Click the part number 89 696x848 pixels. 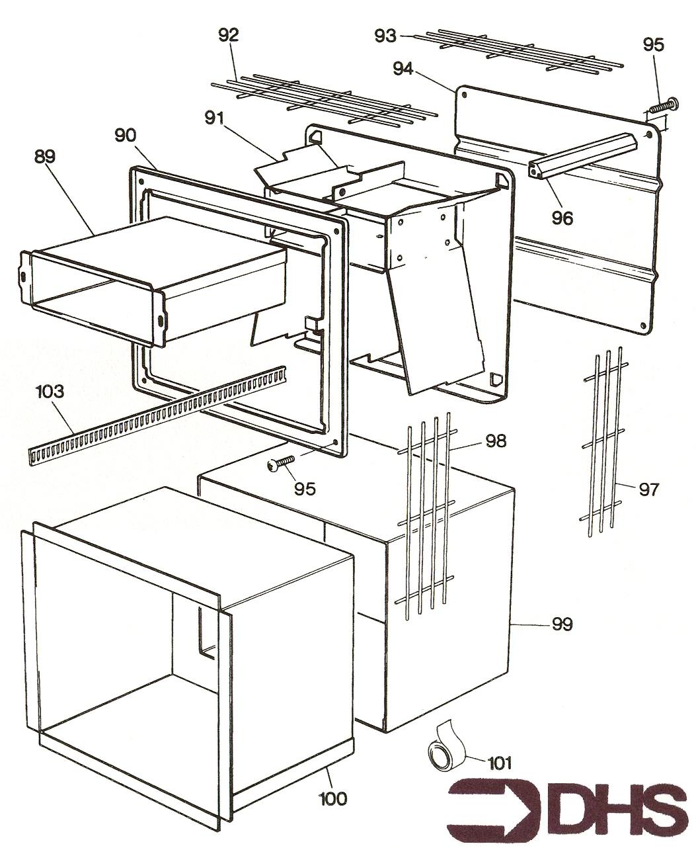(x=44, y=156)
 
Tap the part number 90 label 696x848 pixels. (x=126, y=135)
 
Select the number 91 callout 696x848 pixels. (x=214, y=118)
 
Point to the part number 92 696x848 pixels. (x=229, y=35)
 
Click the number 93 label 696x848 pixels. (x=385, y=36)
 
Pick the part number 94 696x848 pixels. (x=403, y=69)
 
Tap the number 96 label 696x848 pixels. (x=562, y=218)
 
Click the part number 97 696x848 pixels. (x=649, y=489)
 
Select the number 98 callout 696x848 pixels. (x=496, y=441)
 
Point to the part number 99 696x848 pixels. (x=562, y=624)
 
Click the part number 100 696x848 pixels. (x=332, y=798)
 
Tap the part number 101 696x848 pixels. (x=500, y=763)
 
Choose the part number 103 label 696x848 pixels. (x=50, y=391)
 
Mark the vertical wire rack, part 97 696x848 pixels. (x=603, y=441)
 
